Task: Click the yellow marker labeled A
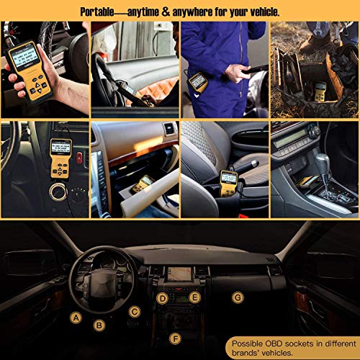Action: coord(76,316)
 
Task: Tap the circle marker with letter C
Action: coord(134,311)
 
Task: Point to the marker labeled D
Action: coord(163,298)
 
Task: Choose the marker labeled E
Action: coord(193,297)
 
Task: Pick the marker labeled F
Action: coord(174,338)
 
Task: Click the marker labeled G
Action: coord(238,297)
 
